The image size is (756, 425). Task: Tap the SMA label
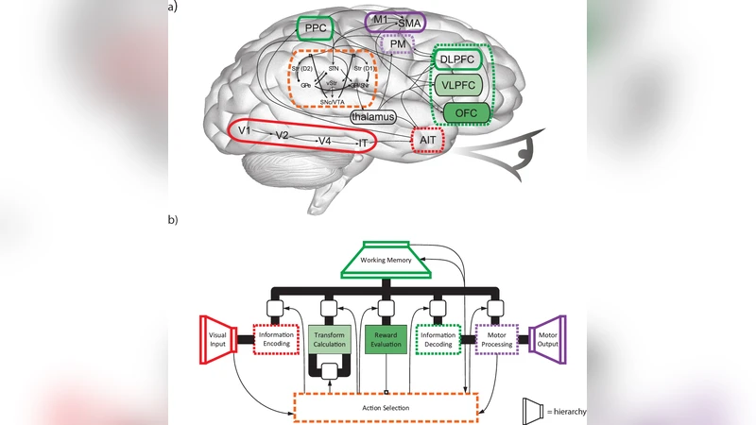pyautogui.click(x=408, y=23)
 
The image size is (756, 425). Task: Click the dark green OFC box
pyautogui.click(x=466, y=113)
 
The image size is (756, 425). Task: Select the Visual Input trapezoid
pyautogui.click(x=218, y=343)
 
